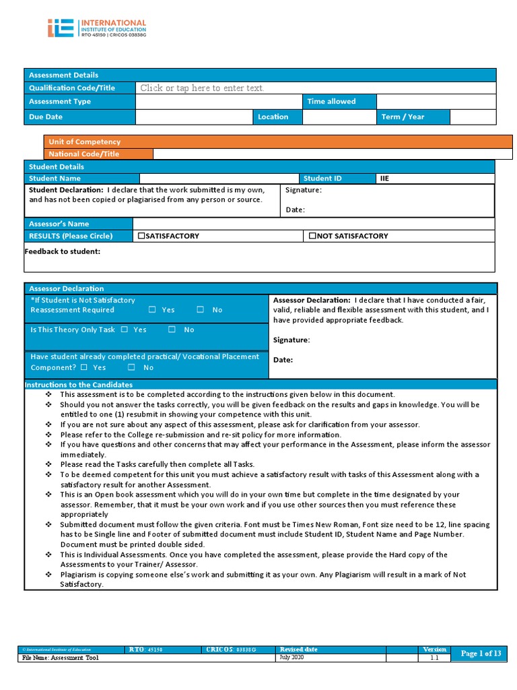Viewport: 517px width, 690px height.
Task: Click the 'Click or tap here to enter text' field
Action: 202,88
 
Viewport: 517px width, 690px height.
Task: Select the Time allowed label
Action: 331,102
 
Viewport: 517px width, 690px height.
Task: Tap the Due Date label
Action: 46,117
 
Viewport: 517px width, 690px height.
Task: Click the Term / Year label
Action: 403,117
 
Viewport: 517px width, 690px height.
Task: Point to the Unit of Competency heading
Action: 85,142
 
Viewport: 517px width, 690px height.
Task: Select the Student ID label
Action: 322,179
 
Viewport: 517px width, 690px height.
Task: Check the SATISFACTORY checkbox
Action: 141,236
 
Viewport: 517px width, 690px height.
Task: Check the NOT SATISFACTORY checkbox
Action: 312,236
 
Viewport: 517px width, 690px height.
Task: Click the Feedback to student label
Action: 62,251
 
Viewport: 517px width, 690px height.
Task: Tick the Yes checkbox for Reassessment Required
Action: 152,310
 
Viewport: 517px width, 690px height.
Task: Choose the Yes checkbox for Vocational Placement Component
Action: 84,367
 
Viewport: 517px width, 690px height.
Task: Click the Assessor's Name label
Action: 59,224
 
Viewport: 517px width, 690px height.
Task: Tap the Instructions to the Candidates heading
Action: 78,385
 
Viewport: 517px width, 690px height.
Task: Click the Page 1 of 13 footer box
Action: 481,654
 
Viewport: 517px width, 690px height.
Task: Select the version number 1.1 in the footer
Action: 434,658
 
